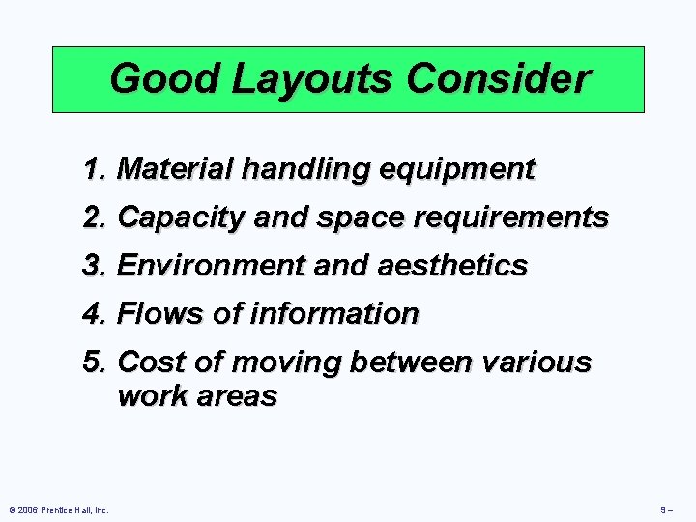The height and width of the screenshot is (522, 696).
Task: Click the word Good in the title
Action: (x=154, y=78)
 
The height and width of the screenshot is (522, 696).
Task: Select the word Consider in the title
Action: (x=498, y=78)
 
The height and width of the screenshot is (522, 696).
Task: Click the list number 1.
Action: (x=94, y=169)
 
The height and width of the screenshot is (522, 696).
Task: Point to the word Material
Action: (x=175, y=169)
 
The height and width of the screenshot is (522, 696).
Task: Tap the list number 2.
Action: (x=94, y=217)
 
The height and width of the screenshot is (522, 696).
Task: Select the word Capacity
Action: (x=181, y=218)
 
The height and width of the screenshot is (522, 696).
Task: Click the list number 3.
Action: (x=94, y=266)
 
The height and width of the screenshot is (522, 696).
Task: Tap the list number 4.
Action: (x=94, y=314)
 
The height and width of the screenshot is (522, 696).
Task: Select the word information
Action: (x=334, y=314)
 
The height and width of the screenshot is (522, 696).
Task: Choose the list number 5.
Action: (x=94, y=362)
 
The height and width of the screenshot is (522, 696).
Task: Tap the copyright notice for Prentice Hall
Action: (x=57, y=509)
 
